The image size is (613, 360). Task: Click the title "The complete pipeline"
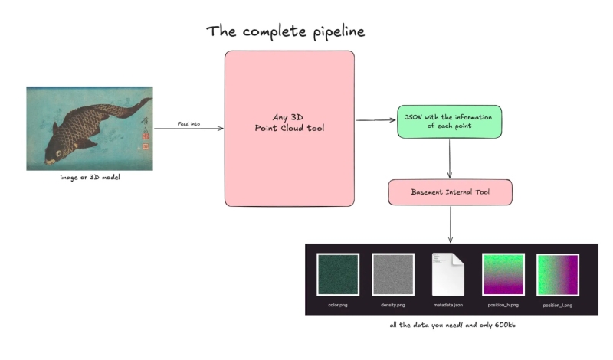click(x=285, y=31)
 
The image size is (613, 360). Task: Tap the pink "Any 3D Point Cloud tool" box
click(x=289, y=128)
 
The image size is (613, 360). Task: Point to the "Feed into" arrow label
click(x=188, y=123)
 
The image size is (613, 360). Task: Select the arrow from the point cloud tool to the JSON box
click(x=375, y=121)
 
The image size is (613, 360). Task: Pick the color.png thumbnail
click(x=336, y=274)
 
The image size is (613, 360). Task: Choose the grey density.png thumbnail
click(x=392, y=274)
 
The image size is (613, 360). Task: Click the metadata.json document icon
click(x=448, y=274)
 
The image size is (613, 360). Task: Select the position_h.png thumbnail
click(x=503, y=274)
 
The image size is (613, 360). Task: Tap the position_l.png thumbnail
click(x=557, y=274)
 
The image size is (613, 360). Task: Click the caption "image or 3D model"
click(x=89, y=178)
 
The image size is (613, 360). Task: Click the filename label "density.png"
click(x=392, y=304)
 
